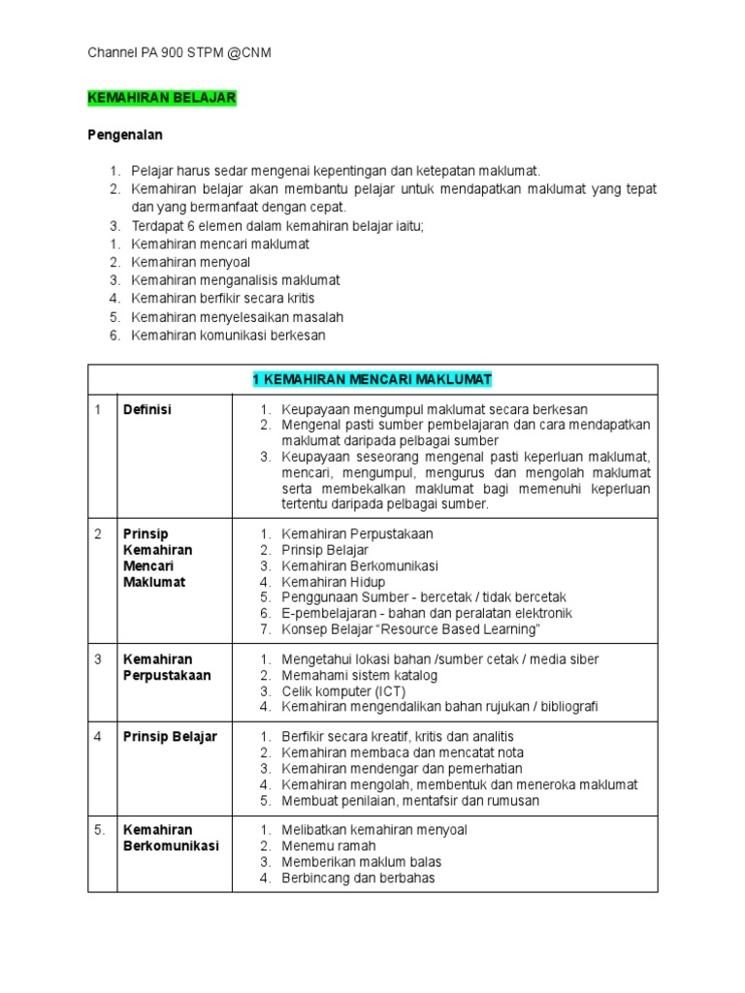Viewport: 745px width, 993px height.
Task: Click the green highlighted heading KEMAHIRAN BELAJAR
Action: point(161,99)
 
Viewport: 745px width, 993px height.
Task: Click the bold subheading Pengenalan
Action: point(125,135)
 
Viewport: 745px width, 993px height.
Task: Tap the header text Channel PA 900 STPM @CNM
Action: point(179,52)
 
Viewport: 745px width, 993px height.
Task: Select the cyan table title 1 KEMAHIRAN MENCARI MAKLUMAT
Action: point(372,379)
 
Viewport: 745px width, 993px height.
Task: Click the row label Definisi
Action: point(147,410)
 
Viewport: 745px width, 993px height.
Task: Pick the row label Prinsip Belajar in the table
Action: point(170,737)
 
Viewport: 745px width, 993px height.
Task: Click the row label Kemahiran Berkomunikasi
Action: point(171,838)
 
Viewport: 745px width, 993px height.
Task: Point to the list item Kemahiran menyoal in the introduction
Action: point(191,262)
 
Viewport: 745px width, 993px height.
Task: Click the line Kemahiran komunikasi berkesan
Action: point(228,336)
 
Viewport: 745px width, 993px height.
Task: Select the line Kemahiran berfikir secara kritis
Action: point(223,299)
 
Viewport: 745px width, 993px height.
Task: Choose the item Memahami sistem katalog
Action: point(359,675)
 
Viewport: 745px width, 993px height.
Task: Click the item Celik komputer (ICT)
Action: point(343,691)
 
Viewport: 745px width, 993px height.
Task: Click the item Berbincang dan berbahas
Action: point(358,879)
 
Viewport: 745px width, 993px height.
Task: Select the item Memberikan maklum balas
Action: point(361,862)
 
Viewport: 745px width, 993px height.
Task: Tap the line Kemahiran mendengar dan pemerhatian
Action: point(402,769)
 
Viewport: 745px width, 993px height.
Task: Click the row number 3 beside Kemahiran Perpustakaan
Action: point(98,659)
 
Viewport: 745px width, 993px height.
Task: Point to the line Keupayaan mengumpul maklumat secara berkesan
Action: point(435,410)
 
